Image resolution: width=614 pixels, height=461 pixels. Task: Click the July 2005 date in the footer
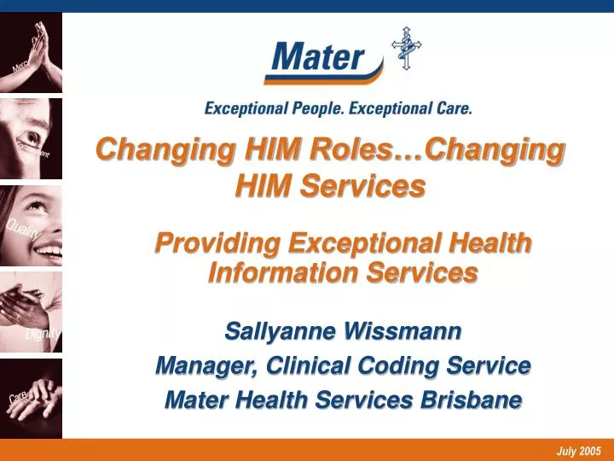tap(579, 451)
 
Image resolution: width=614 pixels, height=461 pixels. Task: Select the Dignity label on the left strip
tap(43, 333)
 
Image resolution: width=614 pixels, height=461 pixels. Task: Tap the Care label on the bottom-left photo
tap(19, 398)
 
